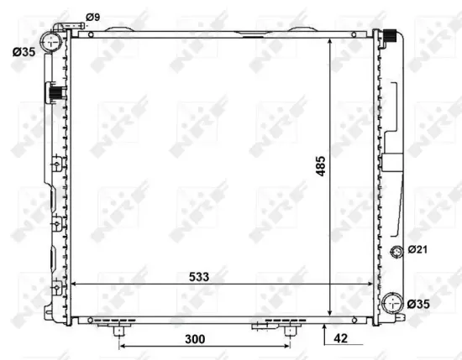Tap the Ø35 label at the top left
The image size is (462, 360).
(x=24, y=52)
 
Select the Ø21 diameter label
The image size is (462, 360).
(x=417, y=250)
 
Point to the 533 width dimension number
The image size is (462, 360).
(x=198, y=276)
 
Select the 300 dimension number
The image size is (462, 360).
(x=196, y=339)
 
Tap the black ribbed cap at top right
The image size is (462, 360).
(x=390, y=36)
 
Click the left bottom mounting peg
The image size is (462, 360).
(x=118, y=330)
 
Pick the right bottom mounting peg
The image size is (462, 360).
(x=290, y=330)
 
